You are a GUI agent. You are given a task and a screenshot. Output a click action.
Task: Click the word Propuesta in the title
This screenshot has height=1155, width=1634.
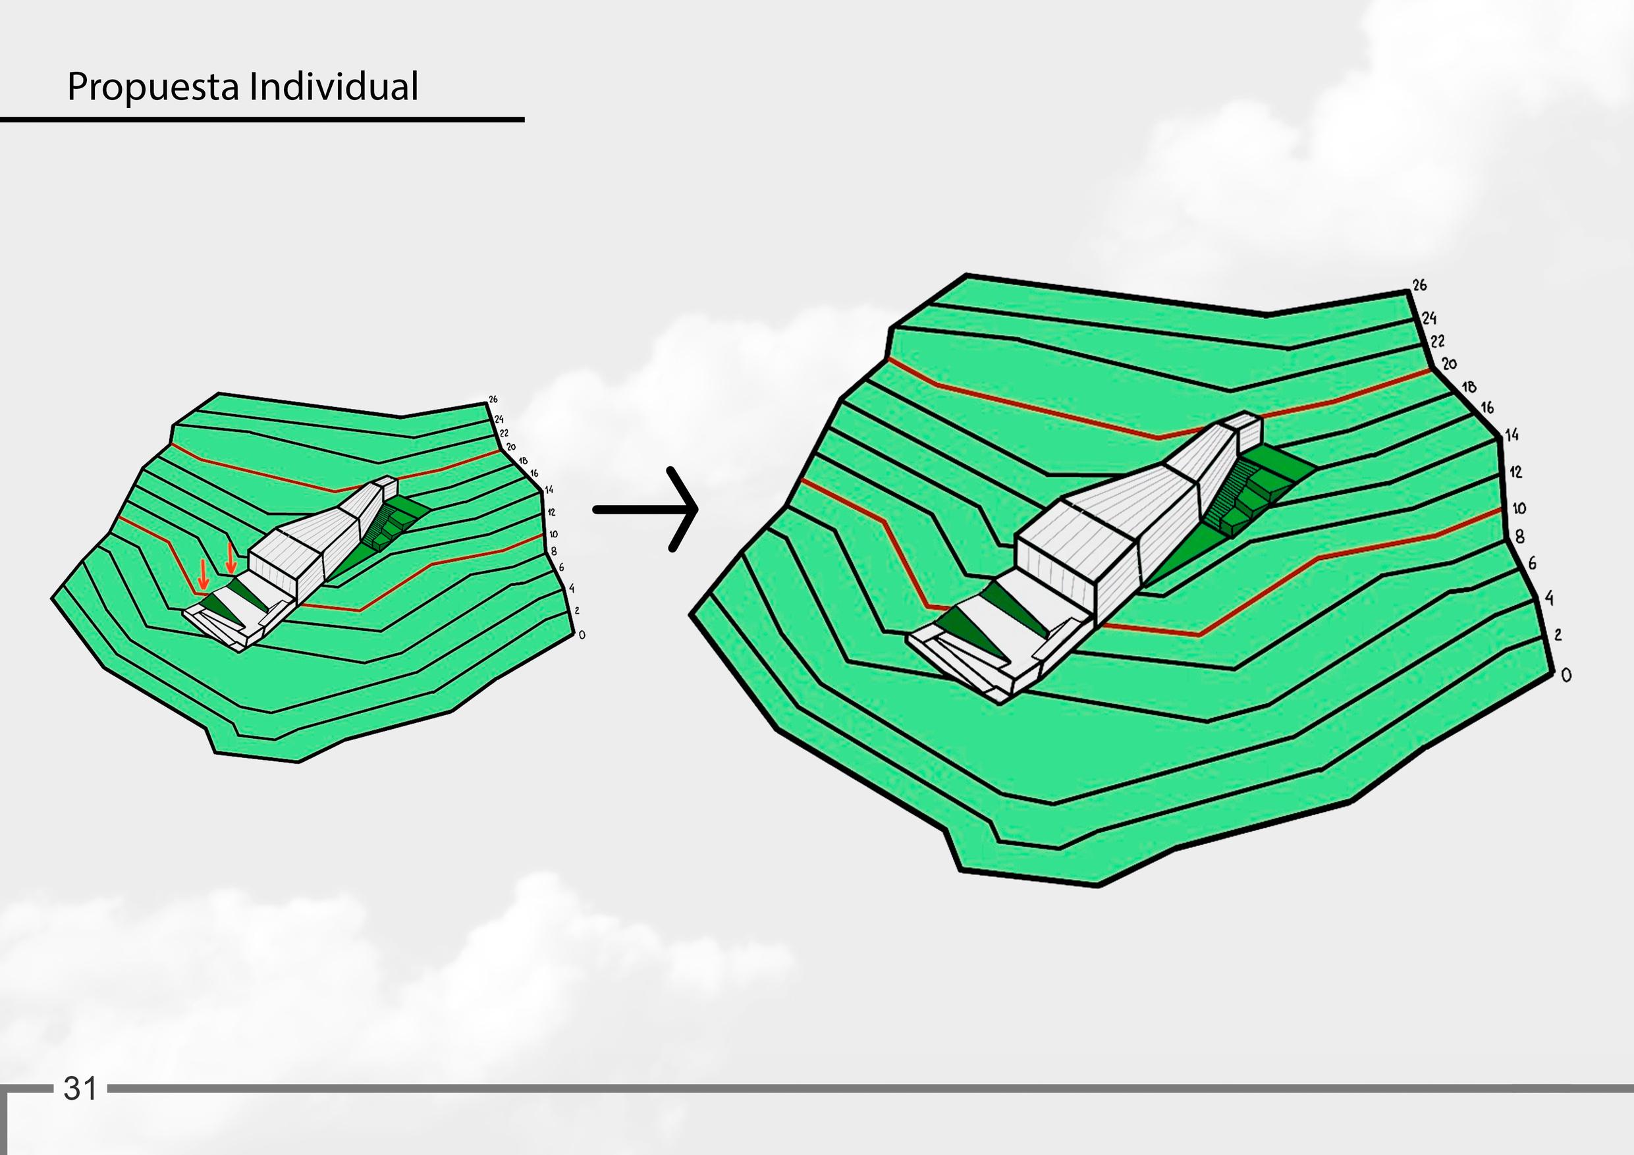tap(152, 88)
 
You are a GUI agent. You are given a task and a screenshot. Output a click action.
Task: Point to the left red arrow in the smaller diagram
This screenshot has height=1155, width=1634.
tap(203, 574)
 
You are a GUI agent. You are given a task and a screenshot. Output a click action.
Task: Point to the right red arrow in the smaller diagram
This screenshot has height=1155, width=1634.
tap(230, 556)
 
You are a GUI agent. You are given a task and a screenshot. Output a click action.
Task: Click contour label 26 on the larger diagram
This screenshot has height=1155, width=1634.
tap(1419, 285)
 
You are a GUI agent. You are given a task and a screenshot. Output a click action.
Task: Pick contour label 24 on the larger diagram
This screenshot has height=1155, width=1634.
tap(1429, 318)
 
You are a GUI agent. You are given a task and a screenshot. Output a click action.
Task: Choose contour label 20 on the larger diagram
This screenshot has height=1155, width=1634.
tap(1449, 363)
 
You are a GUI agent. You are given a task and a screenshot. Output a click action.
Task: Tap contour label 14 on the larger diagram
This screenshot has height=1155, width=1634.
tap(1511, 434)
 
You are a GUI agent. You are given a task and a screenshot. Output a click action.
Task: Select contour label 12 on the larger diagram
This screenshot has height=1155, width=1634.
tap(1515, 472)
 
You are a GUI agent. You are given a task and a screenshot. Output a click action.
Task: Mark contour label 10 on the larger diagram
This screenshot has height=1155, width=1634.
tap(1519, 508)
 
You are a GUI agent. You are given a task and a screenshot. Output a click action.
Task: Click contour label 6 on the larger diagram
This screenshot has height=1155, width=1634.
tap(1532, 563)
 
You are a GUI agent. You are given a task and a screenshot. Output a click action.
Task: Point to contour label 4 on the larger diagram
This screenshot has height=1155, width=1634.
tap(1548, 599)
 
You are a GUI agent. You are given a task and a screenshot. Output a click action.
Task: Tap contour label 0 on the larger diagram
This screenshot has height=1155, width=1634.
tap(1566, 676)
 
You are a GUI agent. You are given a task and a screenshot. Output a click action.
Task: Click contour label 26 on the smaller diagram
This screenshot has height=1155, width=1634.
tap(493, 399)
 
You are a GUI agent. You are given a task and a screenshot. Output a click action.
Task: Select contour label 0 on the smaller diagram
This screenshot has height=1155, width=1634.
tap(582, 635)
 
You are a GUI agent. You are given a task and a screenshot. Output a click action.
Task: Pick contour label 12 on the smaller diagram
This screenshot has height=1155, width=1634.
tap(551, 512)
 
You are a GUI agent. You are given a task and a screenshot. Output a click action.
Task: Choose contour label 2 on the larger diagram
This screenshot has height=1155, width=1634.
tap(1557, 635)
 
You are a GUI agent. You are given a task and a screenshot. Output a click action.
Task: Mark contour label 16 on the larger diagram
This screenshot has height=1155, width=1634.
tap(1487, 408)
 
